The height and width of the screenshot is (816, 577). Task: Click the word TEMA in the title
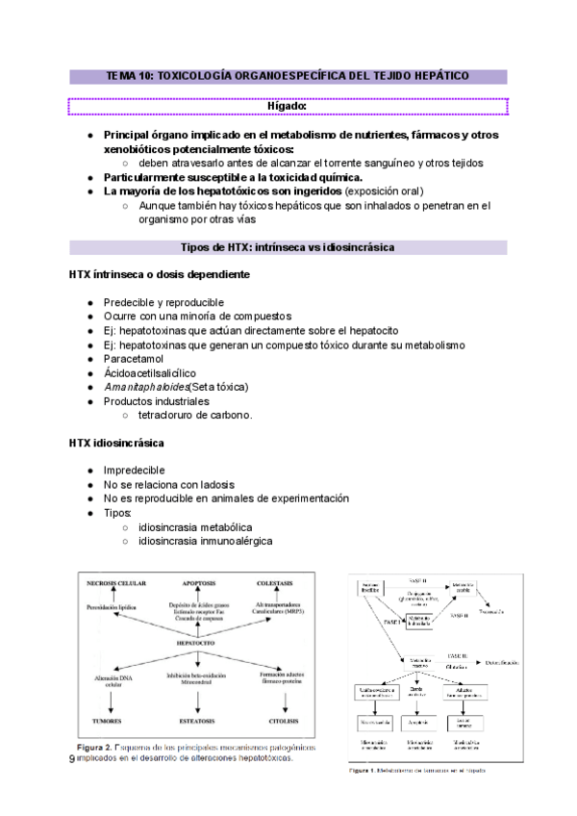coord(123,75)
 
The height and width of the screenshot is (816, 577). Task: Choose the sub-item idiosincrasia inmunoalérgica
coord(205,541)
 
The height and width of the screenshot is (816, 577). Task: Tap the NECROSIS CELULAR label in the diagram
coord(116,584)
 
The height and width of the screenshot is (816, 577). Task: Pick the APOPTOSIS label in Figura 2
coord(197,584)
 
